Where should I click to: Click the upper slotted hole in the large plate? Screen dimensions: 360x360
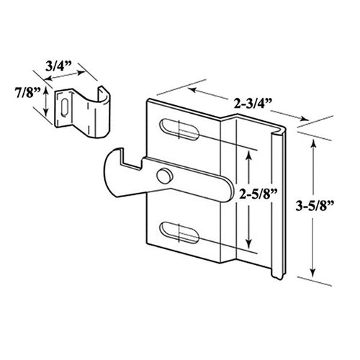pos(181,130)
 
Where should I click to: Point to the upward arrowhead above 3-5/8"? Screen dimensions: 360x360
pos(314,145)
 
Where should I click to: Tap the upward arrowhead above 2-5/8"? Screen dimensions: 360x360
pos(248,153)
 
